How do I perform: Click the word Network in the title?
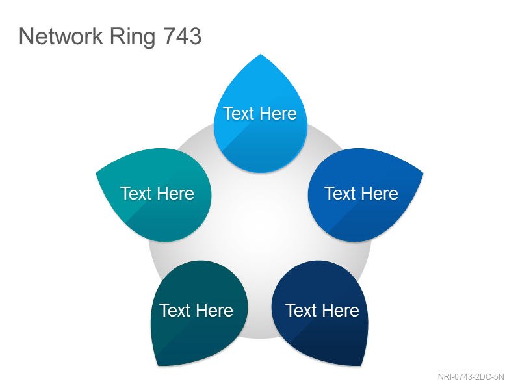click(x=61, y=36)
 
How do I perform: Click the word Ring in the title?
click(x=133, y=37)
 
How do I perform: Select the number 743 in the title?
click(x=183, y=36)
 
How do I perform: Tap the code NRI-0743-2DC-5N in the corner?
click(x=471, y=377)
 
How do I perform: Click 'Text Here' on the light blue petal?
click(x=260, y=113)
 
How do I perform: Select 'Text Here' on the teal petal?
click(x=157, y=193)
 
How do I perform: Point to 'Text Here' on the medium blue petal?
click(x=361, y=193)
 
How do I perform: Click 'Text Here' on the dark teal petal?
click(x=196, y=311)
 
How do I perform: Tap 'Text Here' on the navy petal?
click(x=322, y=311)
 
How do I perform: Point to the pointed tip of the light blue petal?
click(x=261, y=55)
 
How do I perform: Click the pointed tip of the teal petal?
click(x=96, y=173)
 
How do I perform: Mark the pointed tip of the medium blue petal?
click(x=422, y=173)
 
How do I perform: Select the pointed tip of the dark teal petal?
click(x=158, y=365)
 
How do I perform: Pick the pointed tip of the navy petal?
click(x=361, y=365)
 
